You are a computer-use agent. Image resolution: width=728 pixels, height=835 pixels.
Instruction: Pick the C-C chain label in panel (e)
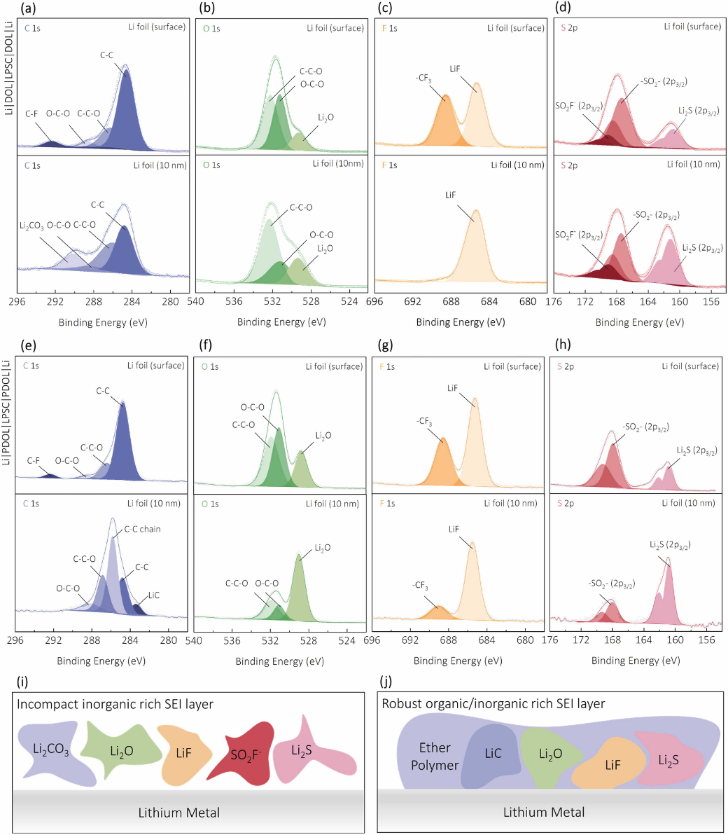(142, 529)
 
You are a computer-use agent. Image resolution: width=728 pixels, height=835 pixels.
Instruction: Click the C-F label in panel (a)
(32, 113)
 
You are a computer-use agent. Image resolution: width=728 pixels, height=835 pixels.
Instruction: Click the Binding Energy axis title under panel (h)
(635, 661)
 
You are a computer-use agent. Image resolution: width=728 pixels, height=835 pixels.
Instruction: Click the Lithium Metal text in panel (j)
(544, 813)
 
